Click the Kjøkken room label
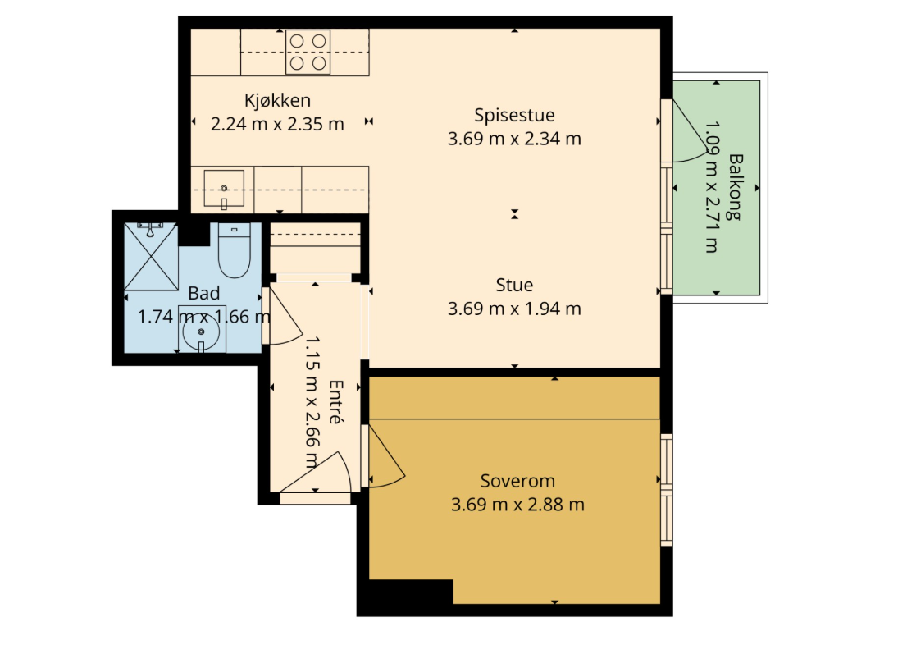click(277, 101)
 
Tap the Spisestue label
click(514, 115)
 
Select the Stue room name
click(514, 285)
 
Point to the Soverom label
click(517, 481)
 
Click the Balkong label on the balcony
click(735, 186)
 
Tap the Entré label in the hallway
click(335, 402)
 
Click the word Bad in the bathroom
click(203, 293)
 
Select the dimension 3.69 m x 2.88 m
click(517, 505)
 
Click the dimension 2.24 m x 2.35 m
click(277, 124)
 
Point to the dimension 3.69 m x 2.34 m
click(514, 139)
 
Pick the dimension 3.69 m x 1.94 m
click(514, 309)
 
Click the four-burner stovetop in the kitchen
click(308, 53)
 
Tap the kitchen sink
click(224, 189)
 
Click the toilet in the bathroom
click(235, 250)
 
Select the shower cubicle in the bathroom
click(151, 256)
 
